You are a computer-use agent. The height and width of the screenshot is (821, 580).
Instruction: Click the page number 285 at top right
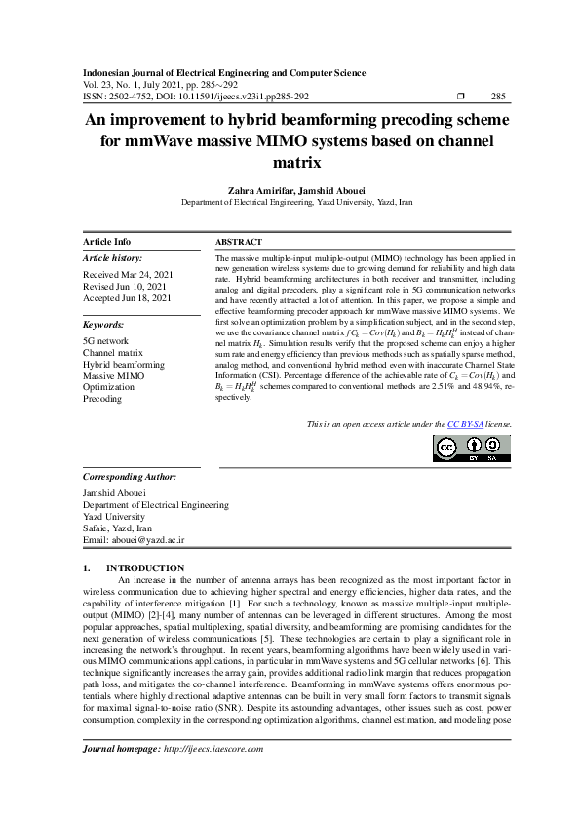click(497, 96)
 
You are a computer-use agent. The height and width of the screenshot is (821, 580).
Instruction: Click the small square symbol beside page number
click(461, 96)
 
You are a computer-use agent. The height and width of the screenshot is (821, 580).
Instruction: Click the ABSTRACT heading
click(238, 241)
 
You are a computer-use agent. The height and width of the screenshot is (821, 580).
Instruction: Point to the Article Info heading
click(107, 241)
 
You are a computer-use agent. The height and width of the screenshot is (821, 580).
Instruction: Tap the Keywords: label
click(103, 324)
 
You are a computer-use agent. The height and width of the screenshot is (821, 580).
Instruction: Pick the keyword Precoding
click(102, 399)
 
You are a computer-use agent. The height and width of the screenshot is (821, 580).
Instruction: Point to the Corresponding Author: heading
click(130, 478)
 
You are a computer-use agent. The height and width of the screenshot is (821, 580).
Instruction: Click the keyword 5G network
click(105, 340)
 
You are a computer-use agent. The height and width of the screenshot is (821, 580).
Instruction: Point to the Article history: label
click(113, 258)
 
